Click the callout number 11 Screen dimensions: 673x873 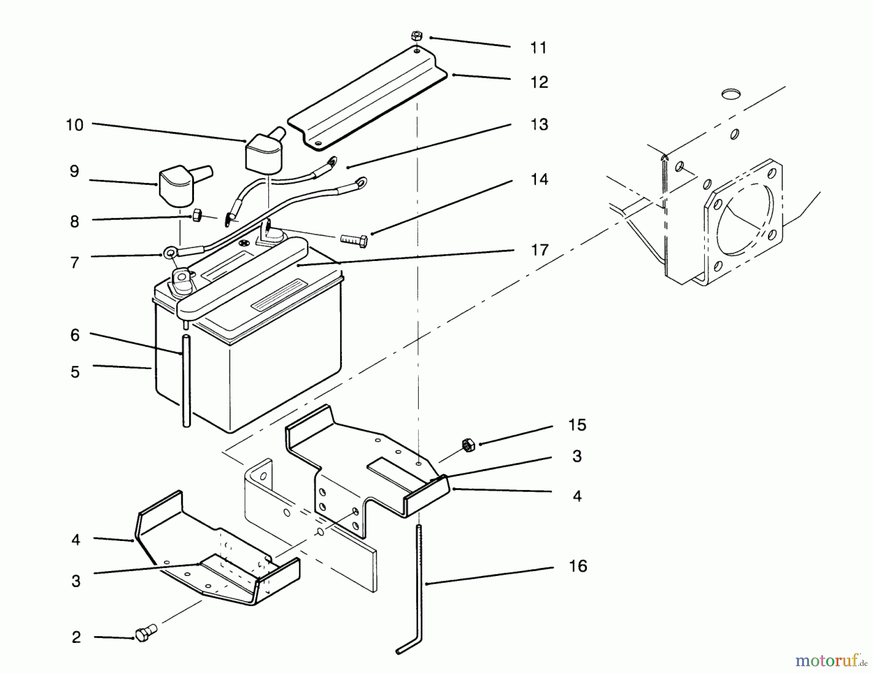pyautogui.click(x=538, y=48)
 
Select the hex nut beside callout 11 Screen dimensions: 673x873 pyautogui.click(x=417, y=36)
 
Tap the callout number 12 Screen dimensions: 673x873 pyautogui.click(x=539, y=82)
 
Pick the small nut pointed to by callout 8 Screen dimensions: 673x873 pyautogui.click(x=197, y=215)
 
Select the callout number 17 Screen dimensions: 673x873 pyautogui.click(x=539, y=250)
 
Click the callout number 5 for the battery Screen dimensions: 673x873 pyautogui.click(x=75, y=372)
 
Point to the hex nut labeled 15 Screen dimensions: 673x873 pyautogui.click(x=468, y=445)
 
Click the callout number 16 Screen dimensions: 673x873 pyautogui.click(x=578, y=566)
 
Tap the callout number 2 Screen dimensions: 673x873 pyautogui.click(x=76, y=637)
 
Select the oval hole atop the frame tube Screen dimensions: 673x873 pyautogui.click(x=731, y=94)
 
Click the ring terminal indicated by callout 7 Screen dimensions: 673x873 pyautogui.click(x=170, y=252)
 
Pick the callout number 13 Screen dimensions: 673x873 pyautogui.click(x=539, y=125)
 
